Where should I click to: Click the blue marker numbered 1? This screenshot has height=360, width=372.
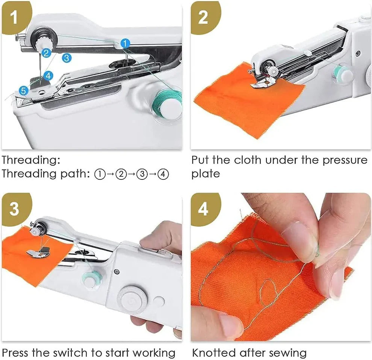(126, 44)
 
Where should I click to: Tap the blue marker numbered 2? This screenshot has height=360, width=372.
(46, 53)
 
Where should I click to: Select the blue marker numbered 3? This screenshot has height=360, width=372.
(67, 58)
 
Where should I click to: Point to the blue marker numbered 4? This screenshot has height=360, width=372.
(48, 75)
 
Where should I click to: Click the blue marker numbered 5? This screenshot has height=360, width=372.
(24, 90)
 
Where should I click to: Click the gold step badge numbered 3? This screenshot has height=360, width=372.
(15, 209)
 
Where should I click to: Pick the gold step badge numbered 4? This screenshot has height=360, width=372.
(203, 209)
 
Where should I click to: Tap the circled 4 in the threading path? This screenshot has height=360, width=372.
(163, 174)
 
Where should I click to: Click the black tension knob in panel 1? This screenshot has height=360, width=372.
(44, 36)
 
